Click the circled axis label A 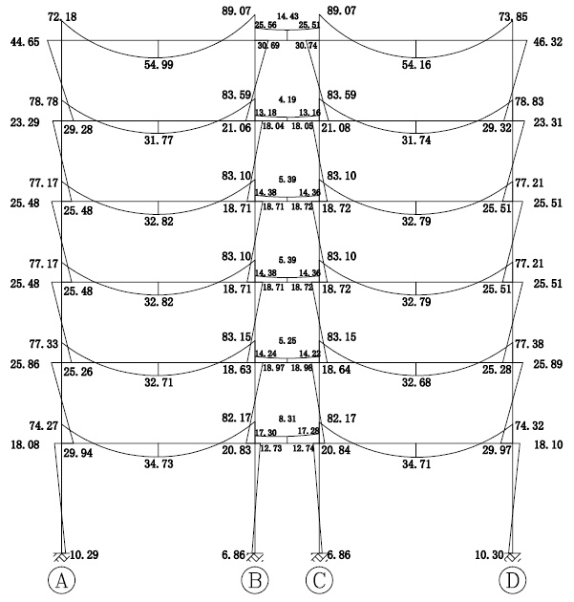62,580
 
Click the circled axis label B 255,580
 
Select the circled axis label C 319,580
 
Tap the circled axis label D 513,580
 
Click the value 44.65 24,43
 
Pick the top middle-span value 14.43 287,16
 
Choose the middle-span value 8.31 287,419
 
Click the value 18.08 24,444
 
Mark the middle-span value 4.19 287,99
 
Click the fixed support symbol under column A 62,556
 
